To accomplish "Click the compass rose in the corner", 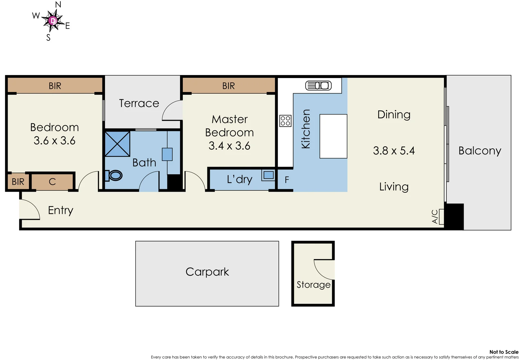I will pyautogui.click(x=53, y=21).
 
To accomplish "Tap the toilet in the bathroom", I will pyautogui.click(x=115, y=175).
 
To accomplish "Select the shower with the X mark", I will pyautogui.click(x=117, y=144).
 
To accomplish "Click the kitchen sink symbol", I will pyautogui.click(x=319, y=86).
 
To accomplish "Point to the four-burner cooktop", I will pyautogui.click(x=285, y=121).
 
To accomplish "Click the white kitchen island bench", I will pyautogui.click(x=333, y=136).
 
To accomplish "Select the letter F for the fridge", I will pyautogui.click(x=287, y=180).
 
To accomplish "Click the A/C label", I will pyautogui.click(x=435, y=216).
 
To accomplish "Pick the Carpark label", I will pyautogui.click(x=207, y=272).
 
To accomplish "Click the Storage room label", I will pyautogui.click(x=313, y=285).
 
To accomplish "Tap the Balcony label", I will pyautogui.click(x=479, y=151).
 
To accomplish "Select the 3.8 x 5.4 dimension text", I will pyautogui.click(x=394, y=151).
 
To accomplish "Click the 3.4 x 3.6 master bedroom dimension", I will pyautogui.click(x=229, y=146).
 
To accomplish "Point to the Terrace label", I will pyautogui.click(x=139, y=103).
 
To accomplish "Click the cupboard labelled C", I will pyautogui.click(x=52, y=182).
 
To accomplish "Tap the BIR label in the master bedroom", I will pyautogui.click(x=228, y=86).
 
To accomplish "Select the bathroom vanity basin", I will pyautogui.click(x=167, y=154).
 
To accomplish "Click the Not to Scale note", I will pyautogui.click(x=504, y=352).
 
